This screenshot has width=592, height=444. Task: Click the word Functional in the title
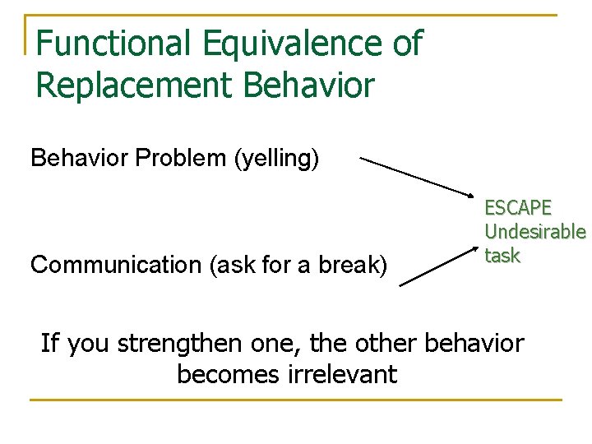(104, 43)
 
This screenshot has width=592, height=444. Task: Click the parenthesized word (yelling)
(277, 158)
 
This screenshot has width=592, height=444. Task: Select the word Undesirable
(534, 232)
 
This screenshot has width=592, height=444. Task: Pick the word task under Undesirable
(502, 256)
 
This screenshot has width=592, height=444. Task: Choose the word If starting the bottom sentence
(49, 342)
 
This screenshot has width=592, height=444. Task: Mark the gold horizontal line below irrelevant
(295, 400)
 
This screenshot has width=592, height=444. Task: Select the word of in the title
(407, 43)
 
